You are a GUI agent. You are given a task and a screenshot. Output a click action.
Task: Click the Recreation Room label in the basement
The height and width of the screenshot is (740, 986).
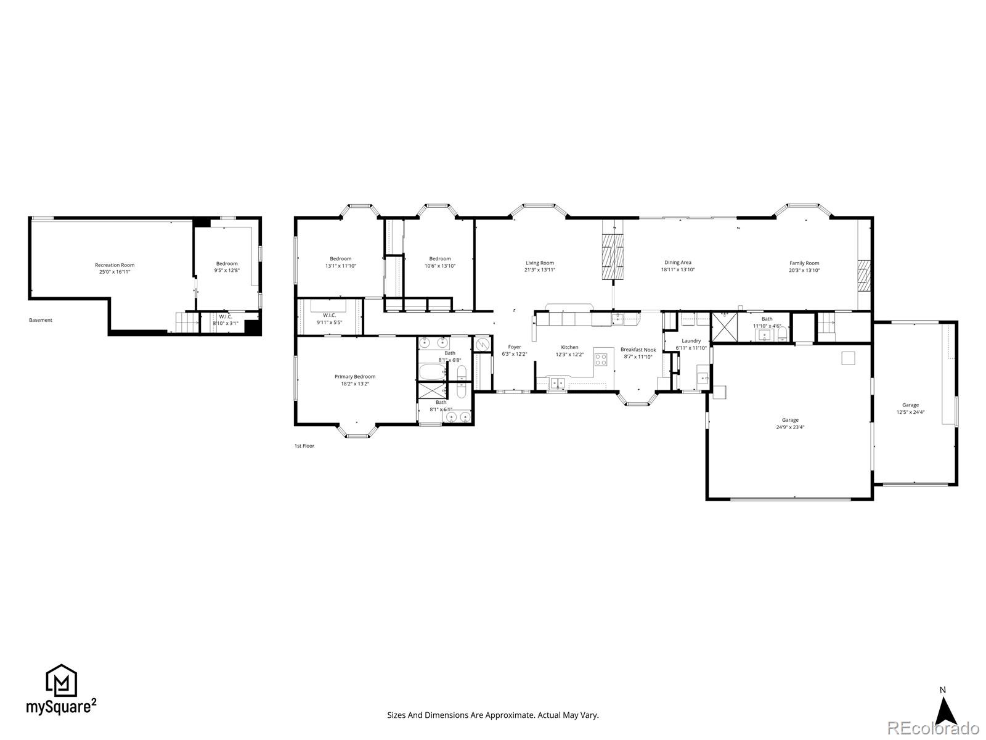[115, 265]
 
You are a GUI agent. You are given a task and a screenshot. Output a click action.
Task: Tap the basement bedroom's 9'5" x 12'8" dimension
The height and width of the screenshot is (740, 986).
[227, 271]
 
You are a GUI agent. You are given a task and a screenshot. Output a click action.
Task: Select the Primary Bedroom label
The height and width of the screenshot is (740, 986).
[355, 377]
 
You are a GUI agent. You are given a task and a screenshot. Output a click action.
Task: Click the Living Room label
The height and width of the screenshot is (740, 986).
[540, 263]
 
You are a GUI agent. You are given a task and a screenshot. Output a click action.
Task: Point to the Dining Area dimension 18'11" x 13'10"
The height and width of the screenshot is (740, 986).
[678, 270]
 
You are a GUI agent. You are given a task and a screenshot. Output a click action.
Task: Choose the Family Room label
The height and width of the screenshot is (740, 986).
[804, 263]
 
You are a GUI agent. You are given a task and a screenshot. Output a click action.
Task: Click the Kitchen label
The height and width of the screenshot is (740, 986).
[569, 347]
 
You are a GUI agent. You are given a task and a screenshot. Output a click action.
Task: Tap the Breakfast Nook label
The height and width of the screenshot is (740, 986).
[638, 350]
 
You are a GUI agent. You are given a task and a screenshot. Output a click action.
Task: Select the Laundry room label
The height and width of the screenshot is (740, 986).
[691, 341]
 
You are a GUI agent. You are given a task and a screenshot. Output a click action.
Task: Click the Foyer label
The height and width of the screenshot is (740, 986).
[515, 347]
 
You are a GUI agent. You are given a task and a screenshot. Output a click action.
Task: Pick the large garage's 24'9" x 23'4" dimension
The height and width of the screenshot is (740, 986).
[790, 427]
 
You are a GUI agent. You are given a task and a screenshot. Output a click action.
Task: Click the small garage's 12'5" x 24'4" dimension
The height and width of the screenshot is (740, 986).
[910, 413]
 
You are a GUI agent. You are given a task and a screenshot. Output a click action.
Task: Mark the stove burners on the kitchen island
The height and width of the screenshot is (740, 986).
[601, 358]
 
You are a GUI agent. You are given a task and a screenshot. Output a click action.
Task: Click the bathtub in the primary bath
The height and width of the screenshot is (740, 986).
[433, 372]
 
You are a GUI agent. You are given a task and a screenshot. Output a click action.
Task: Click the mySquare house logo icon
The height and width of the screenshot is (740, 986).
[61, 680]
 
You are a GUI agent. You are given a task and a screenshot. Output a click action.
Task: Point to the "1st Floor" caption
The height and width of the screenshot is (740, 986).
[304, 446]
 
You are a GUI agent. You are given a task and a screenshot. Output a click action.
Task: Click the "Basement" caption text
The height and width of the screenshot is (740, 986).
[41, 320]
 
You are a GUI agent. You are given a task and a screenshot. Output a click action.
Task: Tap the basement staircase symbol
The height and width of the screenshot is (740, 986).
[187, 321]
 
